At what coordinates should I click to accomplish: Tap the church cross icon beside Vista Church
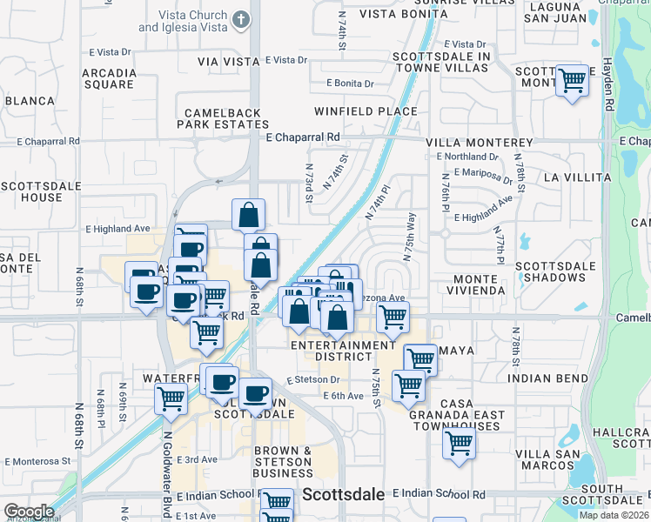tap(241, 19)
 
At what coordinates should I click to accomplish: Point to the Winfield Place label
tap(366, 111)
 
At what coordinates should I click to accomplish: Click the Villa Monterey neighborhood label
tap(479, 142)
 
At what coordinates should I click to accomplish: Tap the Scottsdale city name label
tap(344, 494)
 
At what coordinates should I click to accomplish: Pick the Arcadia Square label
tap(109, 78)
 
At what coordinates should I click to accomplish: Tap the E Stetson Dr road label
tap(312, 381)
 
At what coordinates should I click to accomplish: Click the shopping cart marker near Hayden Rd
tap(572, 81)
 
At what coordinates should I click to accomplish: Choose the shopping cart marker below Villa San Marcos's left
tap(459, 444)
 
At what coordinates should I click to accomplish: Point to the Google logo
tap(29, 512)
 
